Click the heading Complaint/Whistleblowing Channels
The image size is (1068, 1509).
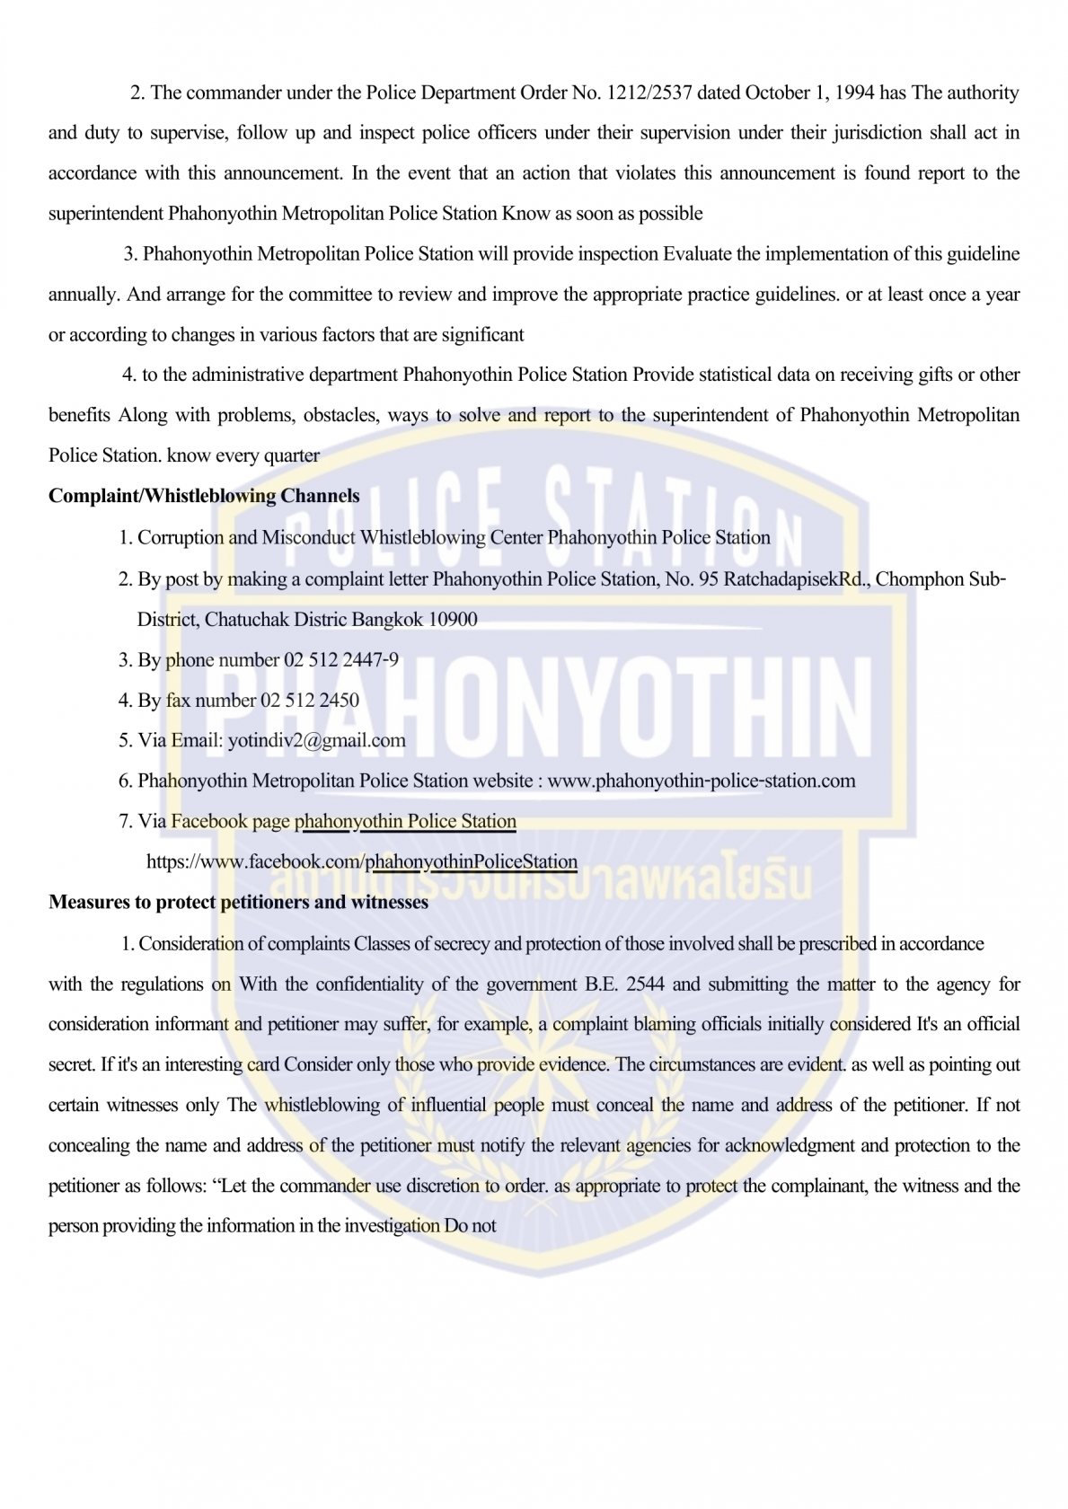point(204,496)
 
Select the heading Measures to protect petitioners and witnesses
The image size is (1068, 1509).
point(238,902)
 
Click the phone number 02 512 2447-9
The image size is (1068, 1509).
point(341,660)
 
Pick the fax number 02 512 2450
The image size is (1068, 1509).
point(310,701)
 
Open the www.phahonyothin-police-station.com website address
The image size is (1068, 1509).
point(701,781)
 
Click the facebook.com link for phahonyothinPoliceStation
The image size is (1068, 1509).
point(362,862)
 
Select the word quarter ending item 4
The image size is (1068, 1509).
point(292,455)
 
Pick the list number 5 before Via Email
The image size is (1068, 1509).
point(124,740)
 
